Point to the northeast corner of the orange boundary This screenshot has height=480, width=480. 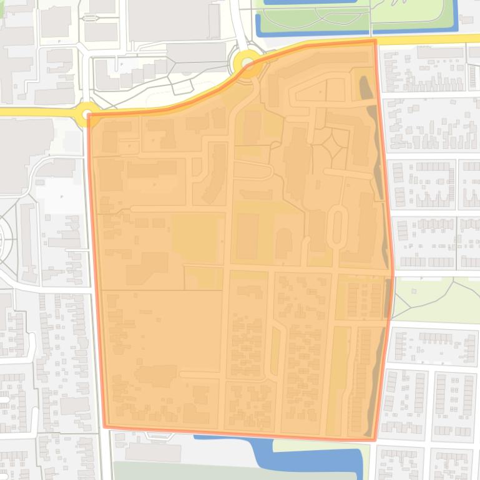[375, 41]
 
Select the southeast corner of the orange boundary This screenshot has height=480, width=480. [375, 439]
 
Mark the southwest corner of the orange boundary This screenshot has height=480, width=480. [105, 427]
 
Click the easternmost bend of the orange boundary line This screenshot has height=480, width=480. [393, 274]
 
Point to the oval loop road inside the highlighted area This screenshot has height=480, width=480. [338, 226]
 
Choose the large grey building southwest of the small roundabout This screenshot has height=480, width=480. [25, 150]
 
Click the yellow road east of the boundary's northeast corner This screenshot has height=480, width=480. [431, 39]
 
